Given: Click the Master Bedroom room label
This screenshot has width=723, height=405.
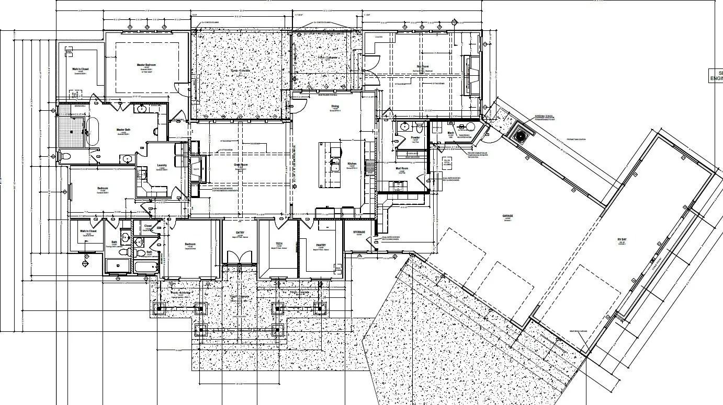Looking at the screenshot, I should pos(146,65).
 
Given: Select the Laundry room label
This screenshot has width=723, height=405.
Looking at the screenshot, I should pos(162,165).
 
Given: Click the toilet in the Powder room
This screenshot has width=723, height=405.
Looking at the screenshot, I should pos(419,126).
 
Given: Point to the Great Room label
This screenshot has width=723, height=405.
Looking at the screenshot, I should pos(241,165).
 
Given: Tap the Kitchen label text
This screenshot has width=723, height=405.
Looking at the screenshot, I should pos(352,164).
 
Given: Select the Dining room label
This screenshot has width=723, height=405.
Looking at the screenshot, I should pos(335,107).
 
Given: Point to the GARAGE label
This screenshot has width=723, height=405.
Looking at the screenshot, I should pos(507,216).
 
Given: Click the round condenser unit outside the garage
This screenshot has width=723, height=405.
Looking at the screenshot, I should pos(521,135).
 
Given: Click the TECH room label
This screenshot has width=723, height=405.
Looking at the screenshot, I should pos(279,244).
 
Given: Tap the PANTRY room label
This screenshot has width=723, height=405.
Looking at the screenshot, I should pos(321,245).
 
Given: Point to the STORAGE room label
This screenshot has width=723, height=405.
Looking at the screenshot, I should pos(358,232).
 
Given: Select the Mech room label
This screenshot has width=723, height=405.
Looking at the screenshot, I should pos(450,133).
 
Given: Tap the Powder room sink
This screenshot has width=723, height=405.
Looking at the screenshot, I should pos(404,126).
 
